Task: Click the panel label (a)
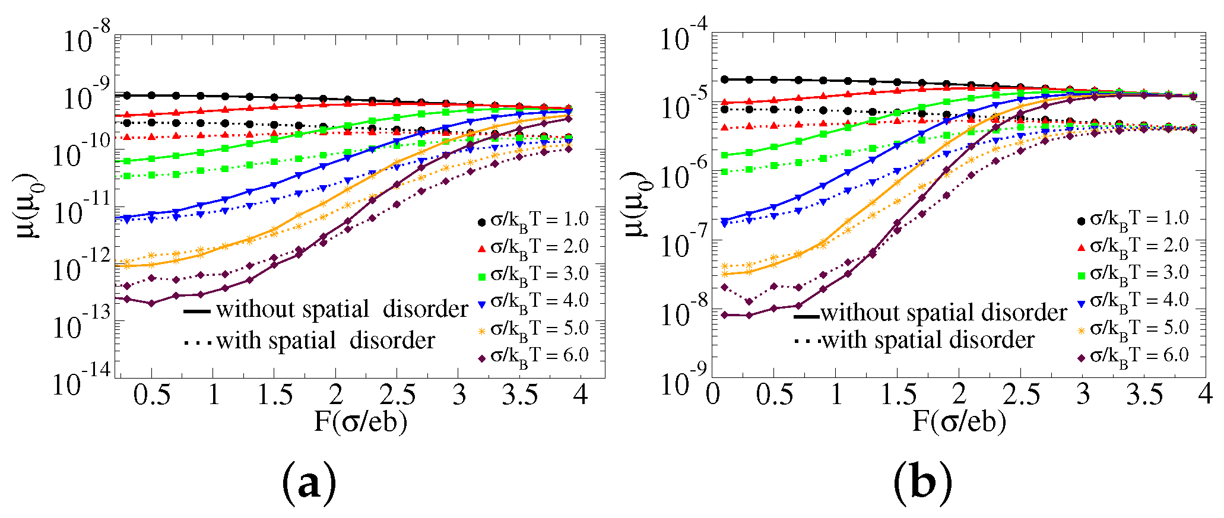309,482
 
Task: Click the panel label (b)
922,482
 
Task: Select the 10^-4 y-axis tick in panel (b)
684,37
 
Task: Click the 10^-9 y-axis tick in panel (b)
684,381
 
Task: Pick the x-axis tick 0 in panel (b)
713,395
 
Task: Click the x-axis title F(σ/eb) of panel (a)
360,422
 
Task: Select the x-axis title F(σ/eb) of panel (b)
959,422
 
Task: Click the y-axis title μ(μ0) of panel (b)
639,205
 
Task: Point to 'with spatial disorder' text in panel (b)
928,340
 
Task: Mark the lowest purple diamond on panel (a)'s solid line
152,303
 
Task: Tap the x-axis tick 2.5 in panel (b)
1020,395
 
